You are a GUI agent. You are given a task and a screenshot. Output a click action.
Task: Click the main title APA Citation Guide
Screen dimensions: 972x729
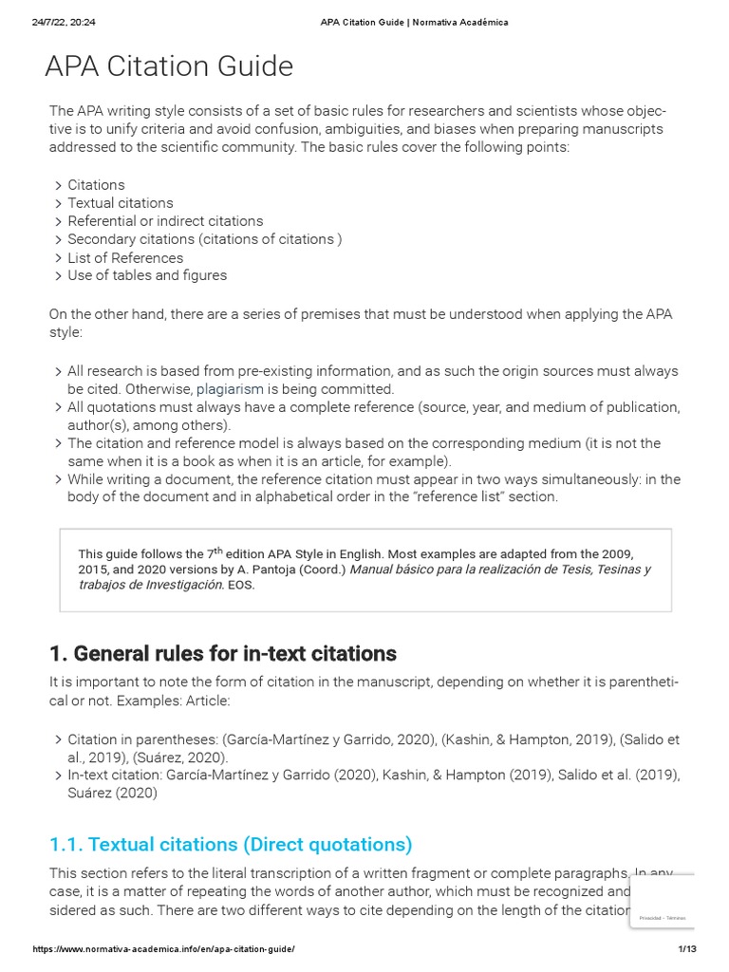(x=169, y=67)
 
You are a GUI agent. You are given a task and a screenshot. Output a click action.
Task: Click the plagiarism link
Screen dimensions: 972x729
(x=230, y=389)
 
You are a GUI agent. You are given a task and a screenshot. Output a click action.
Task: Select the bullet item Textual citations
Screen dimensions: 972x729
(x=120, y=203)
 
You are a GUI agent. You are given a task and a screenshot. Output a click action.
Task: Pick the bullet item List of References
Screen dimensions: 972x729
(x=125, y=257)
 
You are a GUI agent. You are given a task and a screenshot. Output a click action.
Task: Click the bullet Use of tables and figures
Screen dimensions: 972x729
(x=147, y=275)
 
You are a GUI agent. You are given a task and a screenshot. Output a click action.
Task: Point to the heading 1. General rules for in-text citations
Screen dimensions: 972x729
(x=222, y=653)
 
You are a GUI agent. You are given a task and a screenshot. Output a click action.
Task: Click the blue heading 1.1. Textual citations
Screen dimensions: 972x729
(x=231, y=844)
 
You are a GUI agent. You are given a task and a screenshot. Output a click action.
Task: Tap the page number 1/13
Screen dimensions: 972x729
(x=687, y=949)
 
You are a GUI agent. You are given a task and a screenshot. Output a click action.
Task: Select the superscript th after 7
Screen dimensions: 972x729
(x=217, y=550)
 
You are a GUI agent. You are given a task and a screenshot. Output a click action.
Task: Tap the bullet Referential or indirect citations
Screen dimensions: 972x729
(x=165, y=221)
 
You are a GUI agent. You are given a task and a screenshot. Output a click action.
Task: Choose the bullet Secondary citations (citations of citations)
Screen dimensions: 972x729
(x=204, y=239)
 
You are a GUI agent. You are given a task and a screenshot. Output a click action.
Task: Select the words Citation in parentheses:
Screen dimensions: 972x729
(x=129, y=739)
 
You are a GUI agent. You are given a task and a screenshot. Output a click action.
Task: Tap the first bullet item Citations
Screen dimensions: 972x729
(x=96, y=185)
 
